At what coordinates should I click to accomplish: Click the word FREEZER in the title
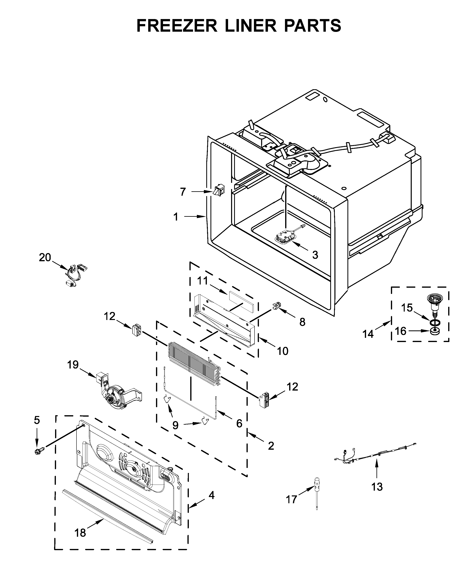click(177, 26)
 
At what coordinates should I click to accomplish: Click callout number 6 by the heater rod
click(239, 423)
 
